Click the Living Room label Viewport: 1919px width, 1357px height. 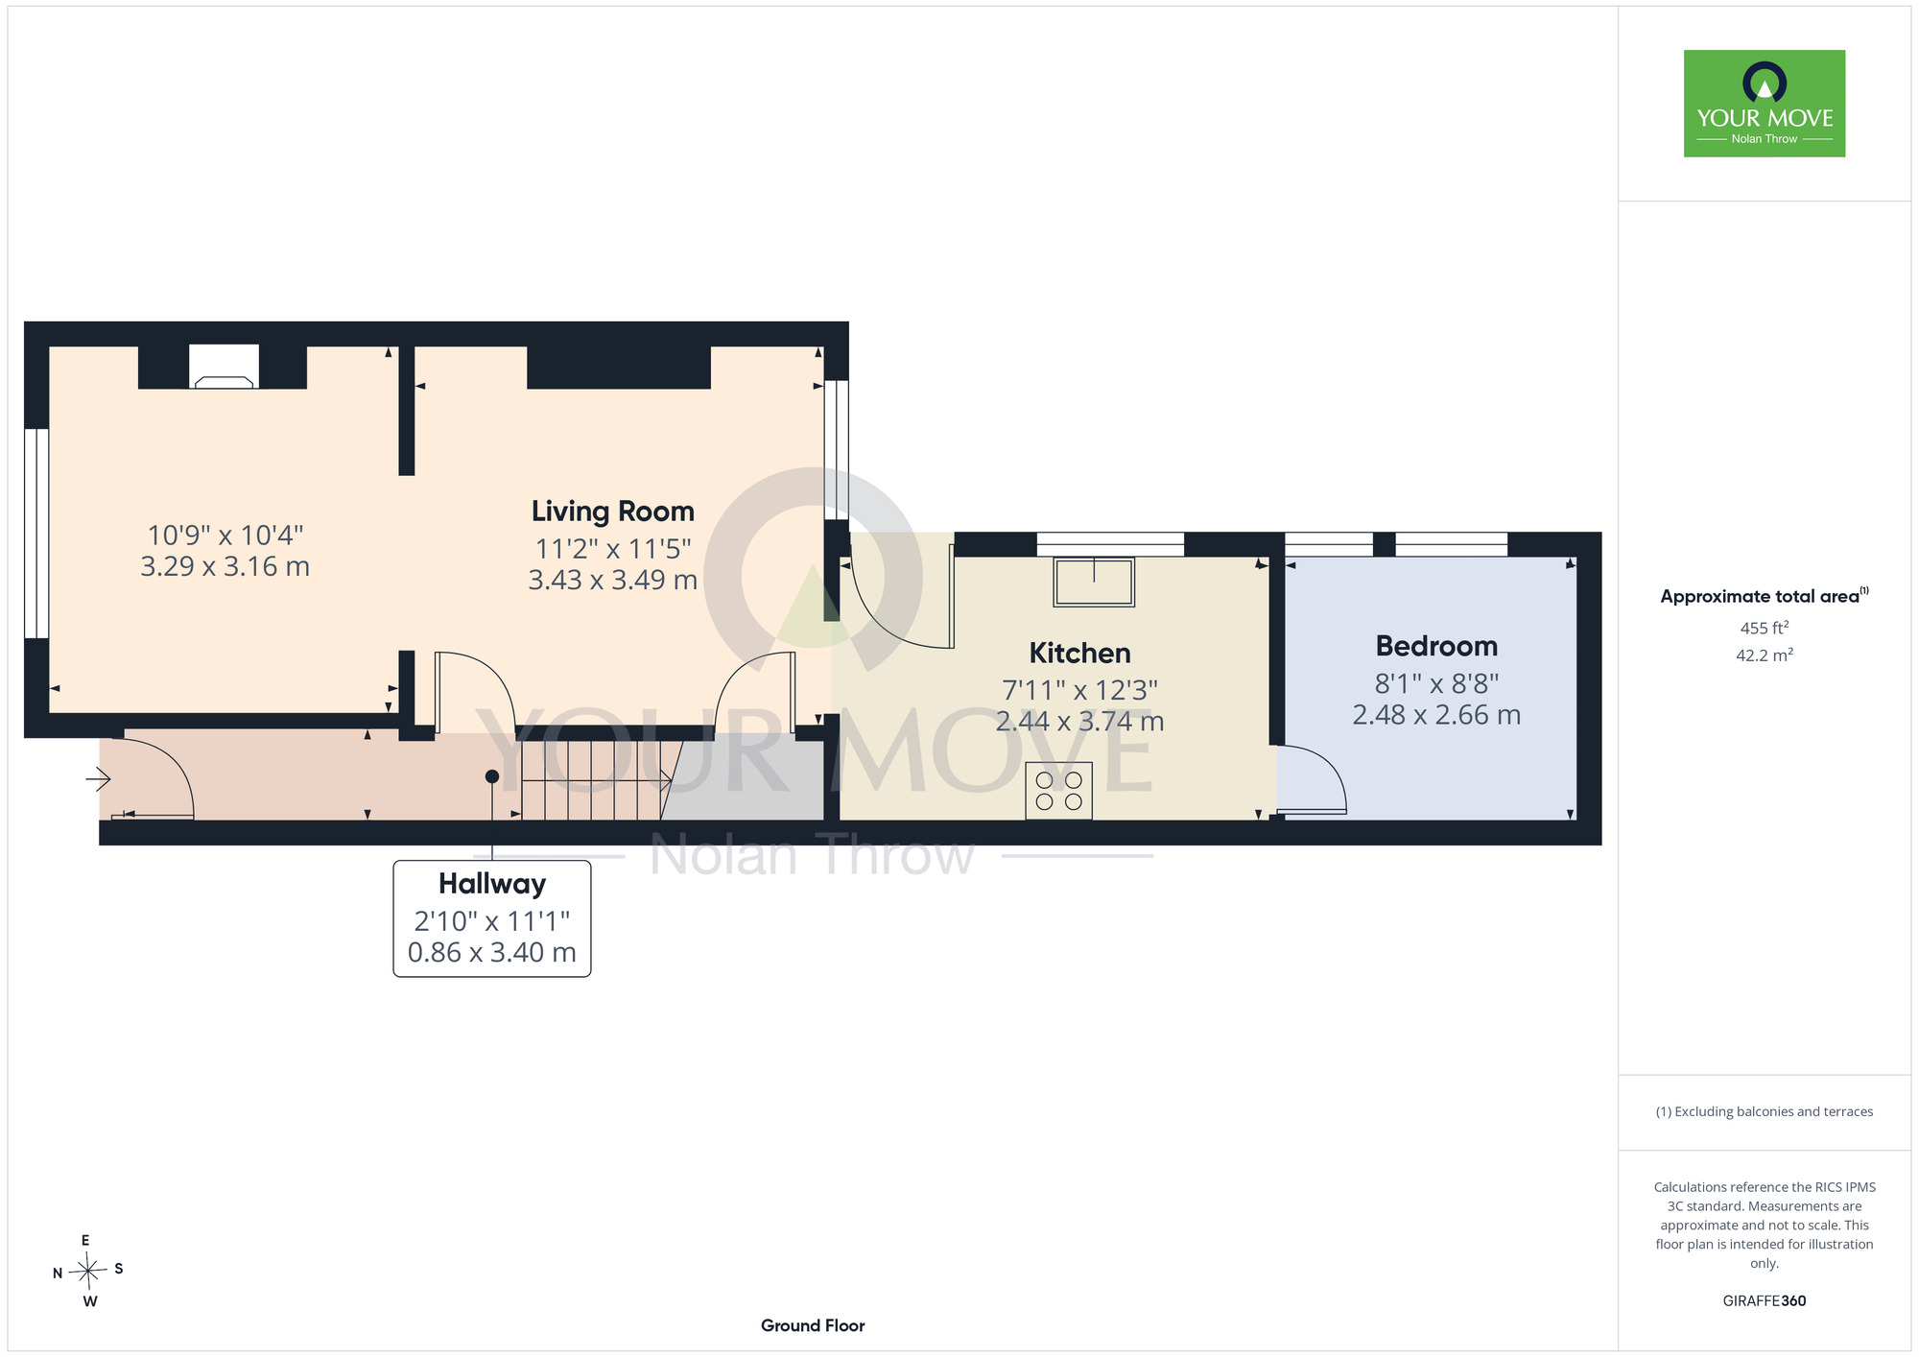[x=613, y=512]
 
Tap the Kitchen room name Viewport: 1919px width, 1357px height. [x=1079, y=654]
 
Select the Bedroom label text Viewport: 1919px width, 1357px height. [x=1436, y=646]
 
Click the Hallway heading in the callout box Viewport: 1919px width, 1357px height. [x=492, y=884]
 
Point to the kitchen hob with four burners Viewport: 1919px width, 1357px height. [x=1059, y=790]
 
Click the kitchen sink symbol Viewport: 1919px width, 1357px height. [x=1094, y=582]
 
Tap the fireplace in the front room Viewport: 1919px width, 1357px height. [x=224, y=367]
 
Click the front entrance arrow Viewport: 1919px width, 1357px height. [x=98, y=779]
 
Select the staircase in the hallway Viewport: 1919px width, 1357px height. [x=595, y=780]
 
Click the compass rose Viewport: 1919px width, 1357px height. [x=87, y=1272]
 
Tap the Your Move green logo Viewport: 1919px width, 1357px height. [x=1765, y=104]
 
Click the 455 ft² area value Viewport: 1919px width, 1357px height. [x=1765, y=628]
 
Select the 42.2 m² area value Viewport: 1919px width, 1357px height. [x=1765, y=655]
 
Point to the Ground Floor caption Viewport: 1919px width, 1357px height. [x=813, y=1325]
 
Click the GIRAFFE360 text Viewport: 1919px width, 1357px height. [x=1765, y=1301]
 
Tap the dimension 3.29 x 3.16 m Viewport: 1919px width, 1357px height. [x=225, y=566]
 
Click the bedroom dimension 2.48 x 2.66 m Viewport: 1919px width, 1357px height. [x=1436, y=715]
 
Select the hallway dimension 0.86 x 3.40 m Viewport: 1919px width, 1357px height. [x=492, y=952]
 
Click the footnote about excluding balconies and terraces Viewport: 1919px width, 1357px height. [x=1765, y=1111]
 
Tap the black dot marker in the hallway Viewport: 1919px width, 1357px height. [x=492, y=776]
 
